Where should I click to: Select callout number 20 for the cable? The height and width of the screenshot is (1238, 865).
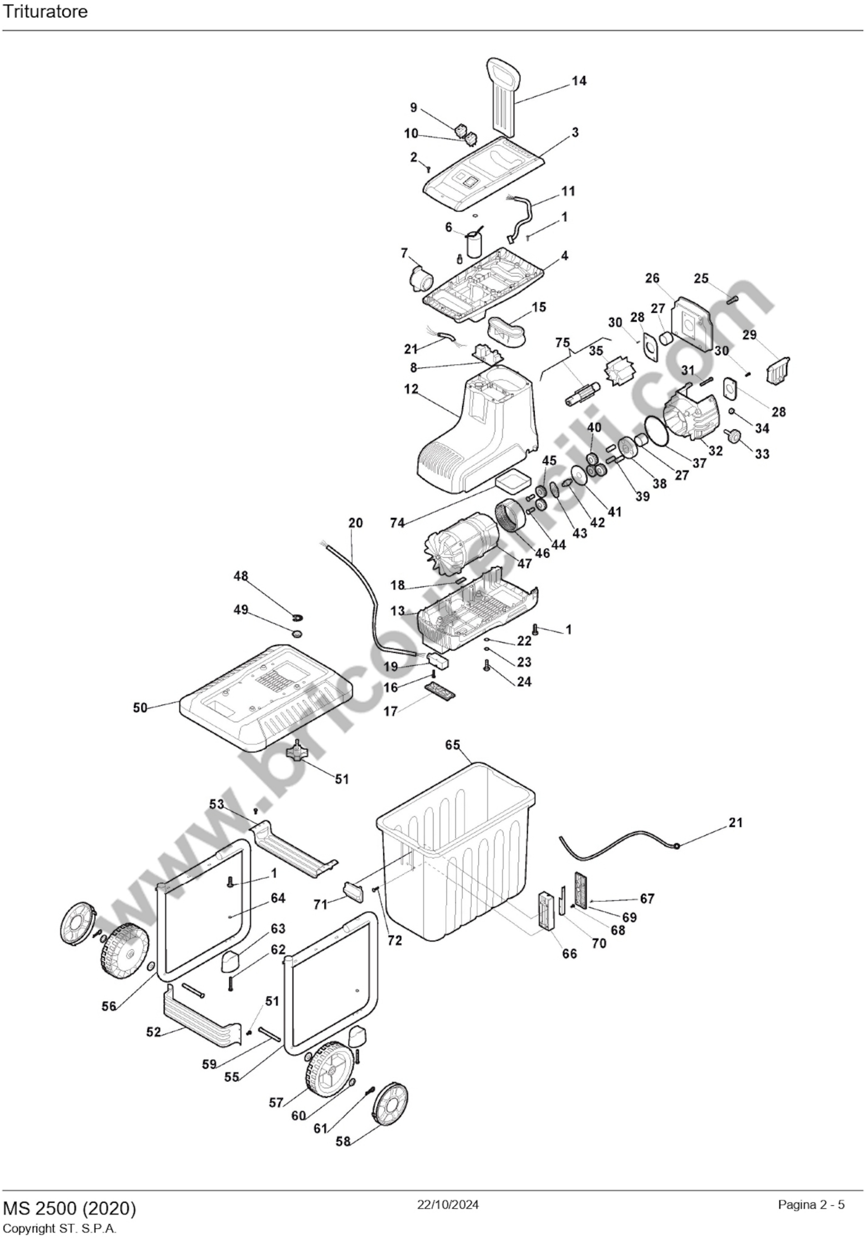click(x=355, y=523)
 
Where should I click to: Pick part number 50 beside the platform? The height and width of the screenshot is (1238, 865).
click(x=140, y=707)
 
